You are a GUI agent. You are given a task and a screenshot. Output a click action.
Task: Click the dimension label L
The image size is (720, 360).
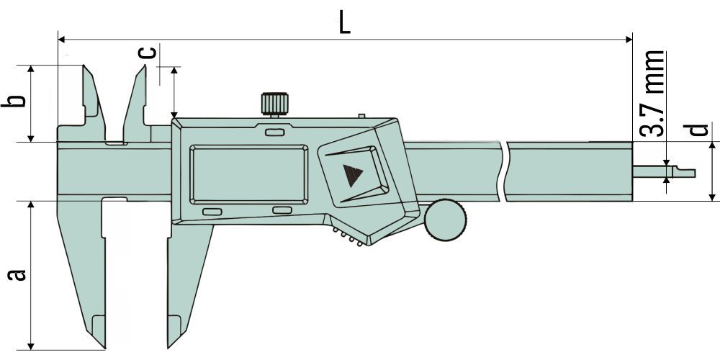pyautogui.click(x=344, y=23)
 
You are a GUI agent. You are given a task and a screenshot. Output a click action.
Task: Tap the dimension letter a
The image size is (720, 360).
pyautogui.click(x=17, y=274)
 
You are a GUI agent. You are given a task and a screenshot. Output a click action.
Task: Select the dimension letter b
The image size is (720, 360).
pyautogui.click(x=13, y=101)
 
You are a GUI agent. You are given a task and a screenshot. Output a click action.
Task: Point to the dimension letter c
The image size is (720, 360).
pyautogui.click(x=147, y=52)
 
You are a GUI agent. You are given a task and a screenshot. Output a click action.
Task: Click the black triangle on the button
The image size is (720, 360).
pyautogui.click(x=353, y=175)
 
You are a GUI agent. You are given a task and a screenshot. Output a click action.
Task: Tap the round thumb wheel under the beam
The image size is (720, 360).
pyautogui.click(x=446, y=220)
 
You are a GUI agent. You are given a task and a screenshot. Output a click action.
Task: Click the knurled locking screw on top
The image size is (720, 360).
pyautogui.click(x=274, y=104)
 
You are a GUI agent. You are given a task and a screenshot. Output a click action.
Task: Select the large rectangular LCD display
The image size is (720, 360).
pyautogui.click(x=249, y=174)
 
